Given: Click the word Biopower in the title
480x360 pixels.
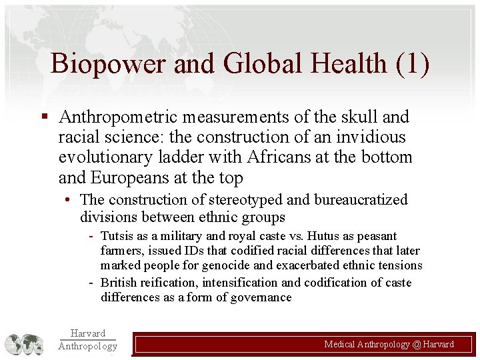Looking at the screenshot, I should click(107, 64).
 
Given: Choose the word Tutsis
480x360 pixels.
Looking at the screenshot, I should click(117, 236).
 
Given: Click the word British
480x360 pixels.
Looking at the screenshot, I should click(119, 283).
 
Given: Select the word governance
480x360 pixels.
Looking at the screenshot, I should click(262, 297).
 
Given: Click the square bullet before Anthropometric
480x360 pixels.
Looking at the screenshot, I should click(44, 117).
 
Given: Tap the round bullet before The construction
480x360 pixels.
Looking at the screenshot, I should click(69, 199).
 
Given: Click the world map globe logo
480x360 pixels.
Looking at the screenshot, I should click(25, 344).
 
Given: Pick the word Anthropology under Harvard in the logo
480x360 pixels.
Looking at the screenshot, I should click(87, 346).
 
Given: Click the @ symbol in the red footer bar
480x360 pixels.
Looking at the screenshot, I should click(417, 345).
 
